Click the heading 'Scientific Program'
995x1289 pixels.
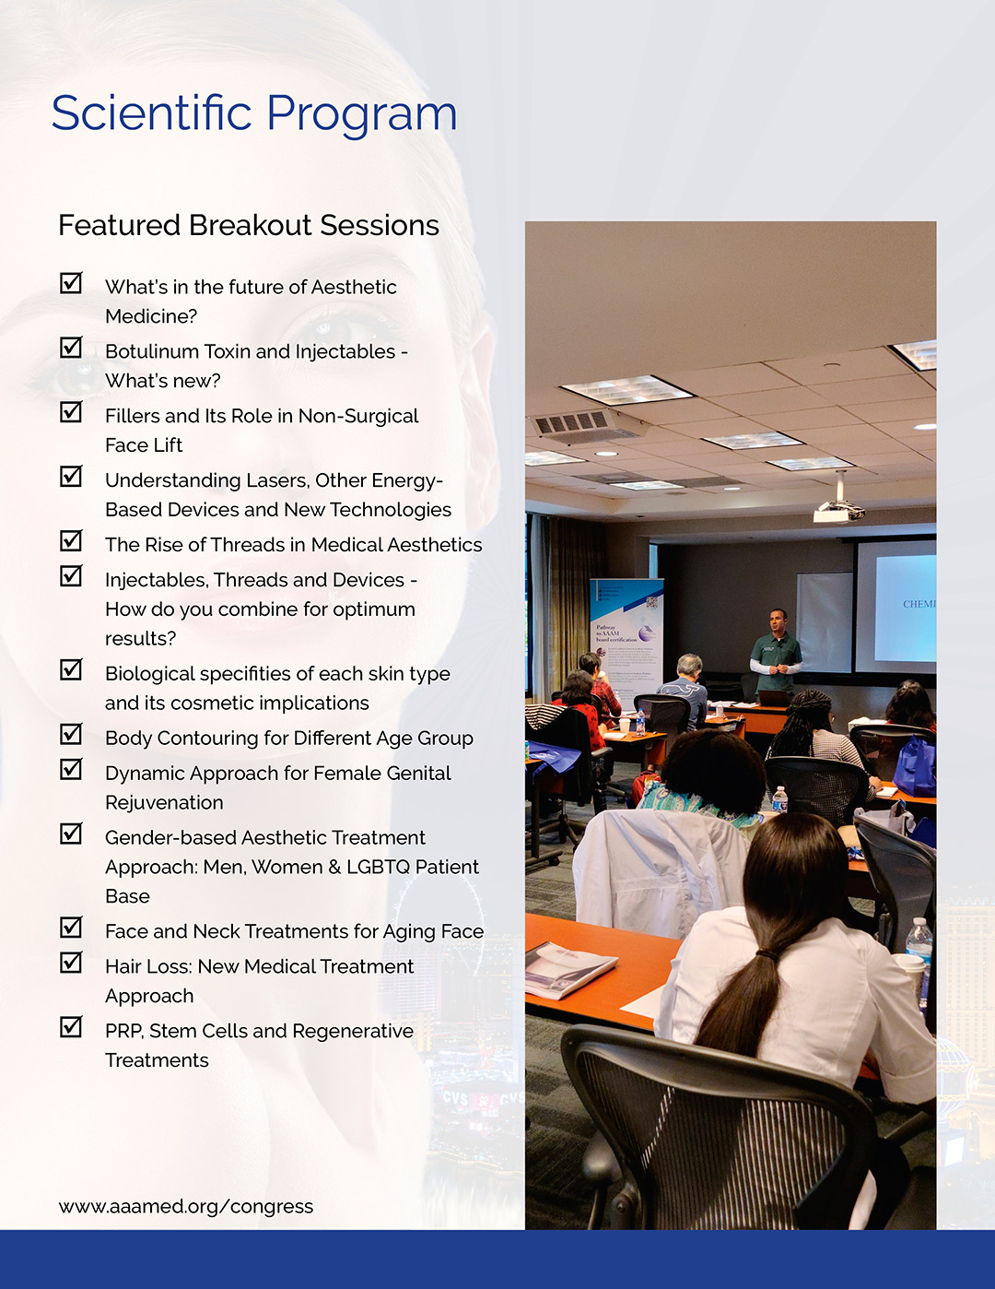(254, 114)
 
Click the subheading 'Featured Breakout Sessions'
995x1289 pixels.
(249, 225)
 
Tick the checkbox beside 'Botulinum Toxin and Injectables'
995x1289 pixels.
(71, 347)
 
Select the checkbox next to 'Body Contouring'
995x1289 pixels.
(71, 734)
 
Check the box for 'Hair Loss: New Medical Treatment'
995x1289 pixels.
(71, 963)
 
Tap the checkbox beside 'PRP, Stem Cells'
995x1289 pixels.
(71, 1027)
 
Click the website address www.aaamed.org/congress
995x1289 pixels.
(185, 1207)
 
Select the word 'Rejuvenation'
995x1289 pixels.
(164, 802)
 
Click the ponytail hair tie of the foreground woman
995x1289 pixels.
(766, 955)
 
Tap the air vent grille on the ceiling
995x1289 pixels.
(571, 423)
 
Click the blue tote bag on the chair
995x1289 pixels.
(915, 765)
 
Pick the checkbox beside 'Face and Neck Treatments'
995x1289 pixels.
(71, 928)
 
